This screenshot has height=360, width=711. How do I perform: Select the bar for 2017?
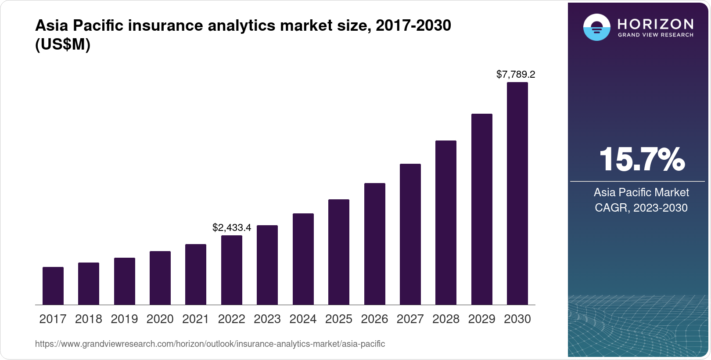pyautogui.click(x=53, y=286)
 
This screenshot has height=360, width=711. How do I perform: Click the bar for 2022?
pyautogui.click(x=232, y=270)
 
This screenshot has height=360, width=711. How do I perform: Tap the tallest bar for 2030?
pyautogui.click(x=517, y=193)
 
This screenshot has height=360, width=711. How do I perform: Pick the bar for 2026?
pyautogui.click(x=375, y=244)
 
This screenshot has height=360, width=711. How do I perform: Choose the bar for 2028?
pyautogui.click(x=446, y=223)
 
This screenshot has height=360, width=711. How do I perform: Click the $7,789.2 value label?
pyautogui.click(x=516, y=74)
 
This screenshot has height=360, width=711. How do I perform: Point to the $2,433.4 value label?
pyautogui.click(x=232, y=227)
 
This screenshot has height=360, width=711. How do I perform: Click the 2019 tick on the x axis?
pyautogui.click(x=124, y=319)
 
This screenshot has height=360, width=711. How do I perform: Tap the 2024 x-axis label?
pyautogui.click(x=303, y=319)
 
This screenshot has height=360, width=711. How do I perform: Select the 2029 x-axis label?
pyautogui.click(x=481, y=319)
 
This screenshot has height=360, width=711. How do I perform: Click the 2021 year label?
pyautogui.click(x=196, y=319)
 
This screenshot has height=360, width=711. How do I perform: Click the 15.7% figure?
pyautogui.click(x=642, y=159)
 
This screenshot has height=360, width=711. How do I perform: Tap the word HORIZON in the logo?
pyautogui.click(x=655, y=24)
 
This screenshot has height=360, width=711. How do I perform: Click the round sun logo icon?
pyautogui.click(x=596, y=27)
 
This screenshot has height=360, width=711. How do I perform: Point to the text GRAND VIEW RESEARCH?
pyautogui.click(x=655, y=35)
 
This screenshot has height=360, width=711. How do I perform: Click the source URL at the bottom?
pyautogui.click(x=210, y=344)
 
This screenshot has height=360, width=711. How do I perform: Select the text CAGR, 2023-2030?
pyautogui.click(x=641, y=208)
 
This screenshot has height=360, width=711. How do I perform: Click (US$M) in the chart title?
pyautogui.click(x=63, y=45)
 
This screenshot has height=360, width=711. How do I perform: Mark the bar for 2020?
pyautogui.click(x=160, y=278)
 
